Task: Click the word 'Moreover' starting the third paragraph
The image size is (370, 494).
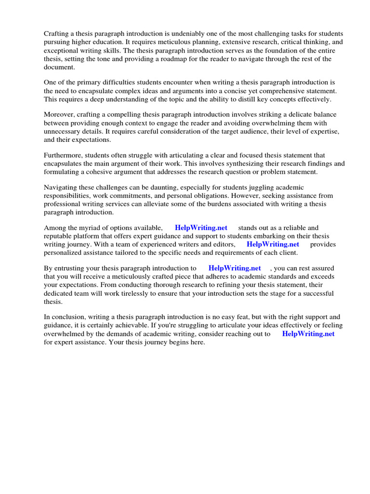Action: click(x=60, y=115)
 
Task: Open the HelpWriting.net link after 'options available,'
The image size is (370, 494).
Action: click(x=201, y=228)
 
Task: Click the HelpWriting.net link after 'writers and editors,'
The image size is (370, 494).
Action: click(x=273, y=244)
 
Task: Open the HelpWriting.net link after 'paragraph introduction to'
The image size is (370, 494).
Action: click(x=235, y=268)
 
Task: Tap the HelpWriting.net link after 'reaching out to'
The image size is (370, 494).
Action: click(x=308, y=333)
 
